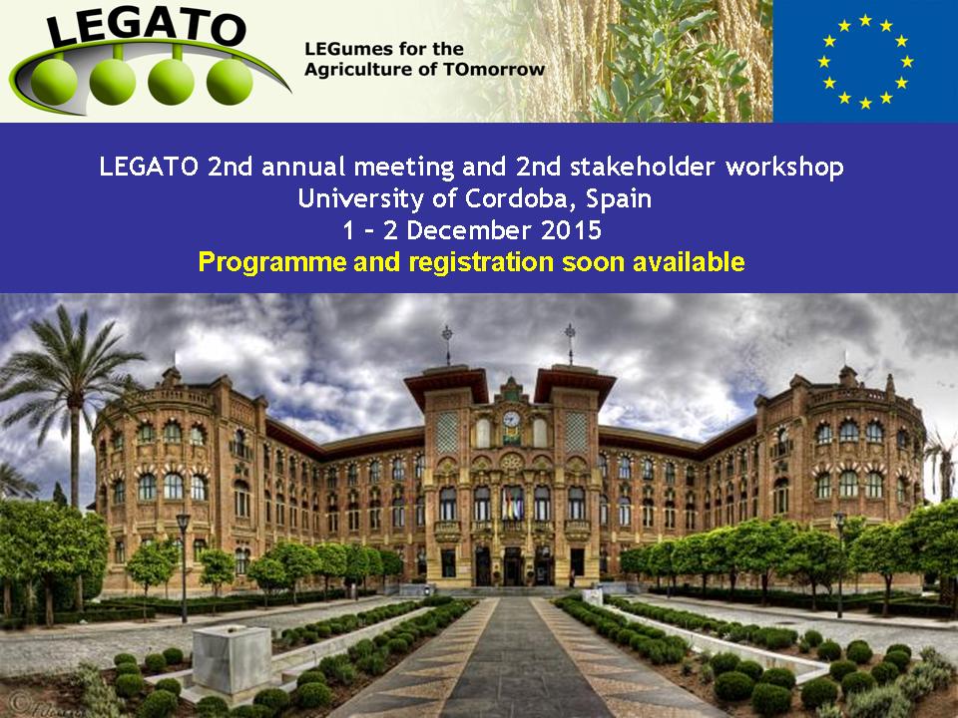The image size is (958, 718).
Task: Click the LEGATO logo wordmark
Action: [146, 28]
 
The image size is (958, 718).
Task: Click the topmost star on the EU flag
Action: [865, 20]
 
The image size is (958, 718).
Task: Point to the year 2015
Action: [571, 230]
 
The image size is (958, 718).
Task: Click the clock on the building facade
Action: [511, 419]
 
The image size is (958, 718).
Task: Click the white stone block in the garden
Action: [233, 659]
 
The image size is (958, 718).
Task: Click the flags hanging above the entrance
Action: [511, 504]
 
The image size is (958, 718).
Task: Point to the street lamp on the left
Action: [184, 567]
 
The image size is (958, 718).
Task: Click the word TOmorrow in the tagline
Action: [494, 69]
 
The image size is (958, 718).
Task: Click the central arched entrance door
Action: [512, 566]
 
